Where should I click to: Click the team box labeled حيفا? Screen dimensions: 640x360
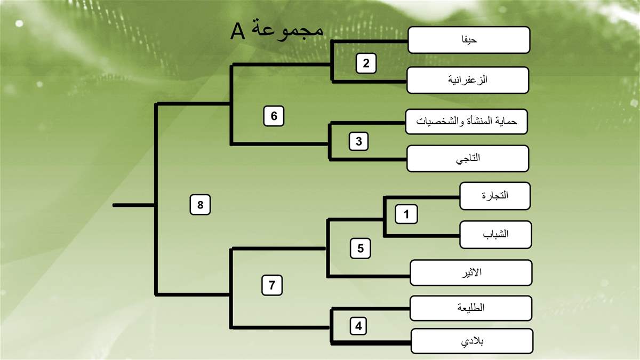469,40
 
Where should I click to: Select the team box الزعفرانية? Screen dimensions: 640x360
468,80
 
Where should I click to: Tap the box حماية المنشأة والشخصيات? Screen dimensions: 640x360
466,122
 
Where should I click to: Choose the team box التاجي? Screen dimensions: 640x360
468,158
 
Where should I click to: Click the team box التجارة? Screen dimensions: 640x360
495,196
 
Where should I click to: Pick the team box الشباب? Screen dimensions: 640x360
495,235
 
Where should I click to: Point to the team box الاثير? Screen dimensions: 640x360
471,273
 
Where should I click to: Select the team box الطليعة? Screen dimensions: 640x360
471,308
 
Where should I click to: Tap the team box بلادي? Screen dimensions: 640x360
472,341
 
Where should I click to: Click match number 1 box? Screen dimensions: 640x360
406,214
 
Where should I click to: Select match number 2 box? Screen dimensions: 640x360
366,63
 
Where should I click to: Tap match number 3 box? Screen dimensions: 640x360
358,141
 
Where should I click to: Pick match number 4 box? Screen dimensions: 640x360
358,326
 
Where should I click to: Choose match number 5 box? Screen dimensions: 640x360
361,249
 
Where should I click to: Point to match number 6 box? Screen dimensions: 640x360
274,116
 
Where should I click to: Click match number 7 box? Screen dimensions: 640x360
272,285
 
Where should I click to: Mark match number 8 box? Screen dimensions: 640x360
200,205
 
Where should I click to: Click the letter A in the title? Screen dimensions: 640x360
238,31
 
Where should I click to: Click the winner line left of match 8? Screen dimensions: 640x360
134,205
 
